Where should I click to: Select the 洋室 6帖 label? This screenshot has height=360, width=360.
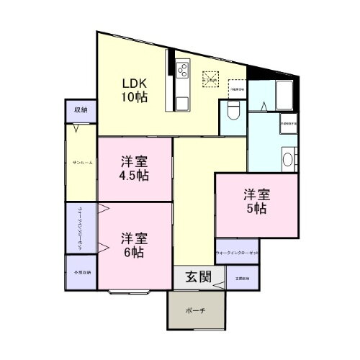pyautogui.click(x=134, y=245)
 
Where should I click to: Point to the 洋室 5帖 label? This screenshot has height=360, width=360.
pyautogui.click(x=256, y=202)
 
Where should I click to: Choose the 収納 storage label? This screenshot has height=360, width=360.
pyautogui.click(x=80, y=110)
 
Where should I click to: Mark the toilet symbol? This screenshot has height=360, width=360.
pyautogui.click(x=233, y=112)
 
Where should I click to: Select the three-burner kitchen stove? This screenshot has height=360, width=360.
pyautogui.click(x=182, y=70)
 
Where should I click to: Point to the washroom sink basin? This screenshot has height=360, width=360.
pyautogui.click(x=287, y=159)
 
